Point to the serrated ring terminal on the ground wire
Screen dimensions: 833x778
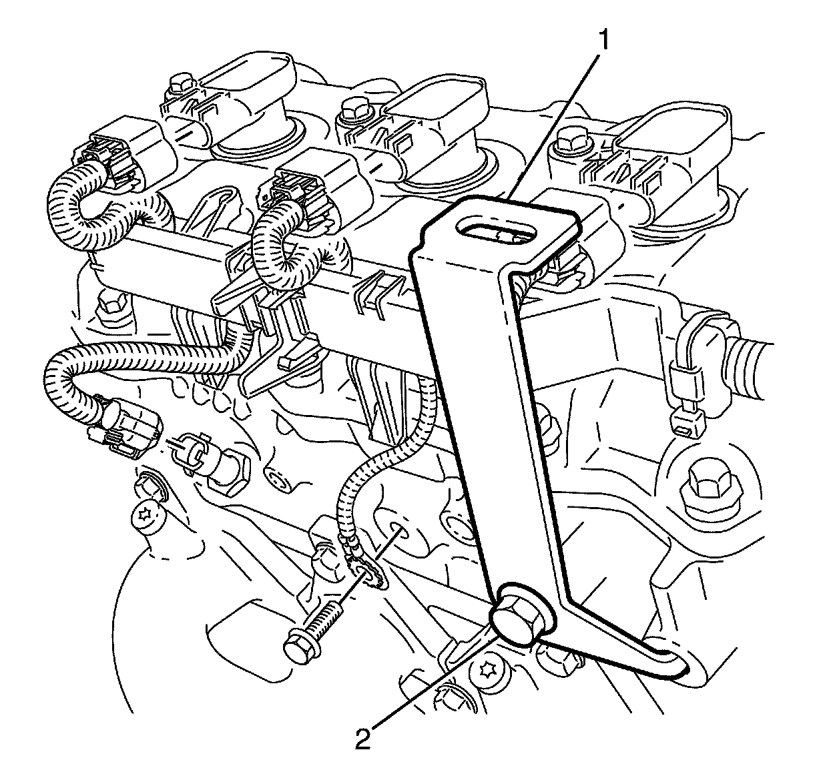(x=365, y=572)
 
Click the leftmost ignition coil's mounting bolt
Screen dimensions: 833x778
(x=181, y=86)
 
